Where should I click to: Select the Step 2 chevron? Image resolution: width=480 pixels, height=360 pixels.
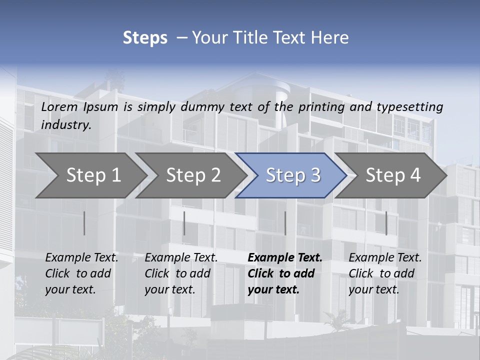193,175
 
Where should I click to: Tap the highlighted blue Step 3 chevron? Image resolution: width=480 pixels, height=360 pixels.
293,175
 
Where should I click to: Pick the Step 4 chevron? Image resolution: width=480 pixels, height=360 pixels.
393,175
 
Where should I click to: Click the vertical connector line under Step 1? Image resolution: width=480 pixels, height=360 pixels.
84,223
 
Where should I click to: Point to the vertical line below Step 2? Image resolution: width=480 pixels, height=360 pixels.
184,223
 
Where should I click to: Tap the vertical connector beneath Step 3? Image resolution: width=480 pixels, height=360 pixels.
285,223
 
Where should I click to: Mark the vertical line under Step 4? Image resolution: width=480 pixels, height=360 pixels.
386,223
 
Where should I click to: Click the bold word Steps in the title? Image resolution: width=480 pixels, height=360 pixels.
145,38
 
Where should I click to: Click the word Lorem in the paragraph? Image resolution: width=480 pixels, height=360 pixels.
59,106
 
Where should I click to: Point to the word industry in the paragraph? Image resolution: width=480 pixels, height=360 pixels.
66,124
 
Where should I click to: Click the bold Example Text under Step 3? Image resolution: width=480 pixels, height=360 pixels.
285,257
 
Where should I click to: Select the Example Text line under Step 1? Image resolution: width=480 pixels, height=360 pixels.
81,257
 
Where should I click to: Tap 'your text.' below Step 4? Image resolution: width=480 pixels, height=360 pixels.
373,289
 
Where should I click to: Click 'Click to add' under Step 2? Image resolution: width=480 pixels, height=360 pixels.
177,273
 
